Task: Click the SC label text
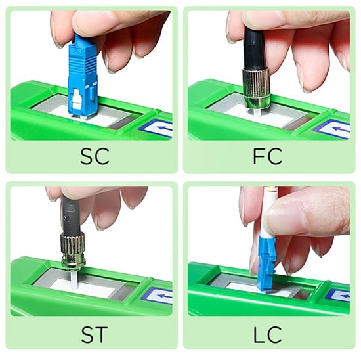tap(95, 156)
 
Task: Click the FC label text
tap(268, 156)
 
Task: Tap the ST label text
tap(95, 334)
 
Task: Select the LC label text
tap(267, 334)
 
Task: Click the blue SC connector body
tap(83, 76)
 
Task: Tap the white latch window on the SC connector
tap(77, 100)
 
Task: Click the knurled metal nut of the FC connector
tap(256, 87)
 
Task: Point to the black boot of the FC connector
tap(254, 49)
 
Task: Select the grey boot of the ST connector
tap(71, 215)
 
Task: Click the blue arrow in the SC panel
tap(165, 128)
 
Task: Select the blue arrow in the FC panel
tap(341, 129)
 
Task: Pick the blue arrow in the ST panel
tap(164, 296)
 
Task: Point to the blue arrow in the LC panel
tap(344, 296)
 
